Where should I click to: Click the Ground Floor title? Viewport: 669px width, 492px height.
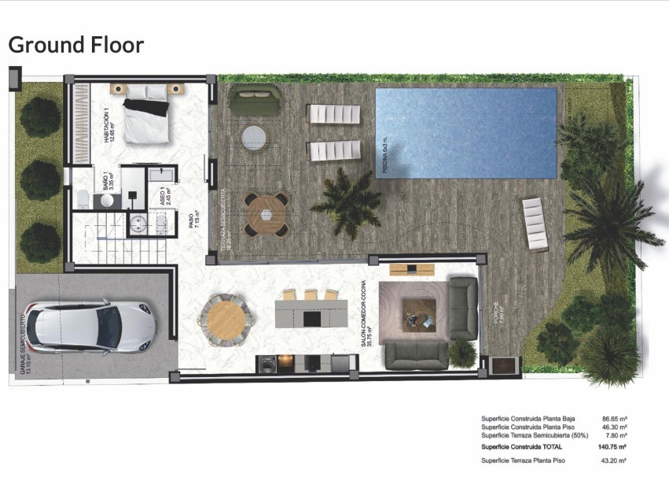tap(76, 45)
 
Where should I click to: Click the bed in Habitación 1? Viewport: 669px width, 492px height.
tap(147, 118)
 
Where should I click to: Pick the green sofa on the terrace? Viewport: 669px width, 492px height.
tap(255, 102)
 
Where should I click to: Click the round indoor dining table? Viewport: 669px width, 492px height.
tap(227, 319)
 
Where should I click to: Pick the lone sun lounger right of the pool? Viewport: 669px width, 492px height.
tap(535, 224)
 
